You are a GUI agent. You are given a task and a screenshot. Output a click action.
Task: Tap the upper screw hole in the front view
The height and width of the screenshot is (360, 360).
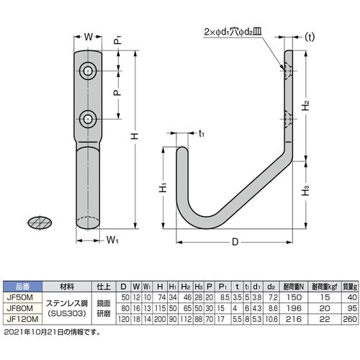point(89,70)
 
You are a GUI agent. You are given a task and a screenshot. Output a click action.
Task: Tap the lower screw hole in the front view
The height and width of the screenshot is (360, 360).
point(89,117)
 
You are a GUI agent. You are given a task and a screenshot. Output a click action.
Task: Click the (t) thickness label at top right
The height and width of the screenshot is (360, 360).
point(310,36)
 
